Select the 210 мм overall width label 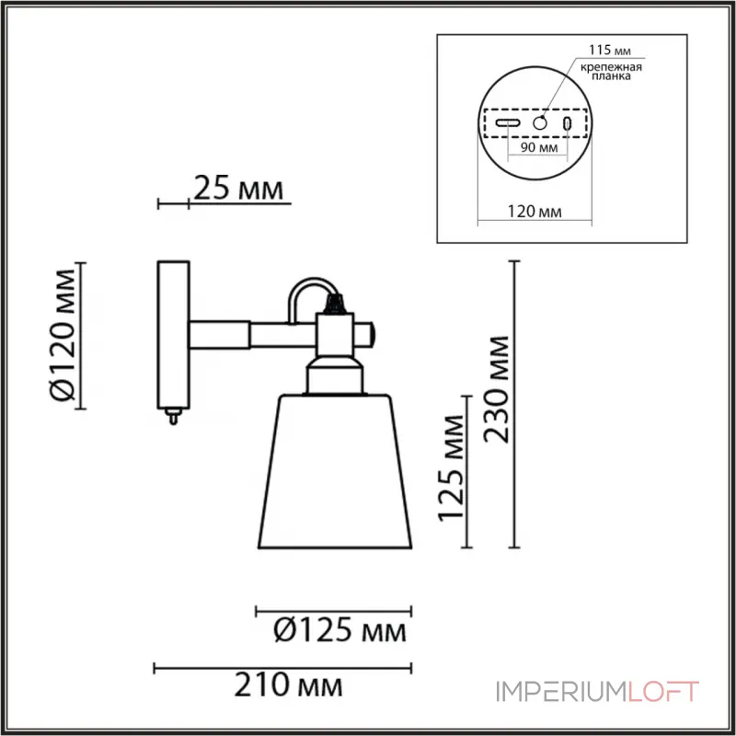(x=293, y=685)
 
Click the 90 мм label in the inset (x=540, y=147)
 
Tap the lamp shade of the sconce (x=334, y=474)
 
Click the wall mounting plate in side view (x=173, y=336)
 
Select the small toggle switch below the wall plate (x=171, y=419)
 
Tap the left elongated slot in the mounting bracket (x=508, y=123)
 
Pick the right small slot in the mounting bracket (x=568, y=123)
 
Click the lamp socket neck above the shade (x=334, y=373)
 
